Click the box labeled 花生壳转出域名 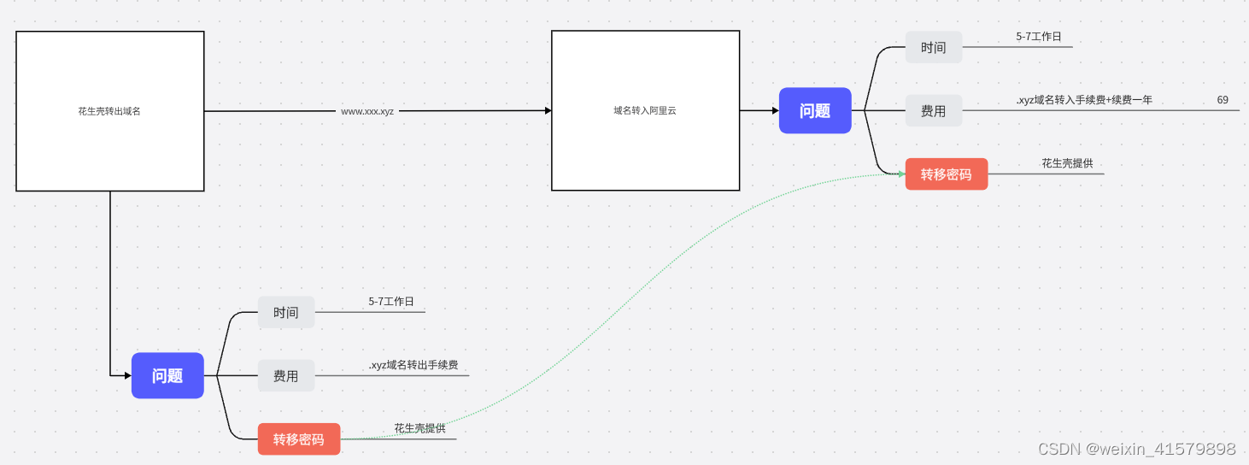tap(109, 111)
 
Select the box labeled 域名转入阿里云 tap(645, 111)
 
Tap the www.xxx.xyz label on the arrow tap(367, 111)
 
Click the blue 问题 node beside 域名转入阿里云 tap(815, 110)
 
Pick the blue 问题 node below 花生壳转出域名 tap(167, 375)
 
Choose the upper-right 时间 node tap(934, 47)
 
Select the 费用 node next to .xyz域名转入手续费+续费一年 tap(934, 110)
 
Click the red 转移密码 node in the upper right tap(947, 174)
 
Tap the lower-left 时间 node tap(286, 312)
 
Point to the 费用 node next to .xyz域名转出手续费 tap(286, 375)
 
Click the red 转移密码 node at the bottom tap(299, 439)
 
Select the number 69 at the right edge tap(1223, 100)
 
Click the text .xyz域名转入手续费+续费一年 tap(1084, 100)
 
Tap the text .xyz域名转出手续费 tap(413, 365)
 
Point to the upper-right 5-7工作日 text tap(1039, 37)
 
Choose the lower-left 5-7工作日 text tap(391, 302)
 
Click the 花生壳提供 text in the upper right tap(1067, 163)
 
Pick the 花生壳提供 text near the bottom tap(419, 428)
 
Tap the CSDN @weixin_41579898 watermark tap(1136, 449)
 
